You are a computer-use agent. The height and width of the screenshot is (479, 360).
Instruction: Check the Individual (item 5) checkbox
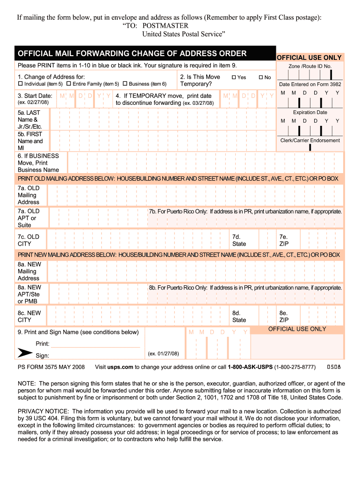pos(20,84)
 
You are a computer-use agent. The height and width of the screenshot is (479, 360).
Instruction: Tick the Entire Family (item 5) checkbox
pos(69,84)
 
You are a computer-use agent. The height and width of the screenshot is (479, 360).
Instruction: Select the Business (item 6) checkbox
pos(125,84)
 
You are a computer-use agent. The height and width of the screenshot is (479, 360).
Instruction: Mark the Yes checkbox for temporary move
pos(234,77)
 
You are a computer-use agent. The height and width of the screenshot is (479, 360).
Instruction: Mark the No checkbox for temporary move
pos(261,77)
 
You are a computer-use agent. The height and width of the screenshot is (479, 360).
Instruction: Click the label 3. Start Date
pos(35,95)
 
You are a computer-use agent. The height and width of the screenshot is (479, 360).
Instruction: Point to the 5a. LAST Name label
pos(29,120)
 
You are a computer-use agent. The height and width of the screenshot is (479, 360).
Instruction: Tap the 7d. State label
pos(239,240)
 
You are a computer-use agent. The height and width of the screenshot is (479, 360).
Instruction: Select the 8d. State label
pos(239,317)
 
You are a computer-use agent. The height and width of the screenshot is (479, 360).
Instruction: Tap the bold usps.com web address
pos(122,367)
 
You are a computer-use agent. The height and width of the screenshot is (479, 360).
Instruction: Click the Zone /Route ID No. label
pos(310,66)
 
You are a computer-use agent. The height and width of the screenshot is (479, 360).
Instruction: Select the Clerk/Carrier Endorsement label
pos(310,140)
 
